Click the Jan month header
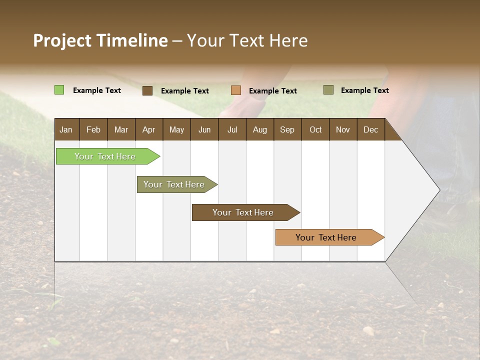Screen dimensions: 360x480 [66, 129]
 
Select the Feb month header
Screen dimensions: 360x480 [93, 129]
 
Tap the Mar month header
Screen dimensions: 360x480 [121, 129]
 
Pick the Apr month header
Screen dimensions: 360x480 [148, 129]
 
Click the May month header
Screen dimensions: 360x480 [176, 129]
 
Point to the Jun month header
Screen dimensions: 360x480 [204, 129]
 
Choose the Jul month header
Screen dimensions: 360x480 [232, 129]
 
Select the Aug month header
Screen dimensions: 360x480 [259, 129]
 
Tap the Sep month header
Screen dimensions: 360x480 [287, 129]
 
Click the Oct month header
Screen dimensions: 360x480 [315, 129]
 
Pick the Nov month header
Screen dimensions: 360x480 [343, 129]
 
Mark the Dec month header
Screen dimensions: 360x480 [371, 129]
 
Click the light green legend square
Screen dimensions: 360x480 [59, 90]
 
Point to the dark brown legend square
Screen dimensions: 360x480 [147, 90]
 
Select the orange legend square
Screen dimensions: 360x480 [236, 90]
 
